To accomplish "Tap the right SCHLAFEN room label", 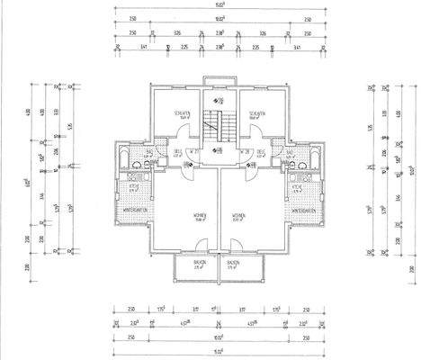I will pyautogui.click(x=256, y=112).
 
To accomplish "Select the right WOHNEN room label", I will pyautogui.click(x=238, y=215).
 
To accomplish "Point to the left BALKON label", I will pyautogui.click(x=198, y=263).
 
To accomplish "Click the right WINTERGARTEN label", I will pyautogui.click(x=304, y=211).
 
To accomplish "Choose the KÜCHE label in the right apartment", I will pyautogui.click(x=298, y=188).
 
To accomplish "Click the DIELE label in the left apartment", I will pyautogui.click(x=179, y=151).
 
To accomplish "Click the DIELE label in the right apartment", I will pyautogui.click(x=260, y=151).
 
